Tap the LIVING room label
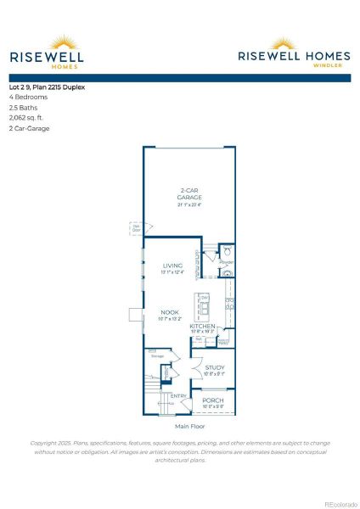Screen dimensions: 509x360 click(x=172, y=266)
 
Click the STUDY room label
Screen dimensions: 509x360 click(x=213, y=367)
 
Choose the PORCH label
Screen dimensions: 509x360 click(x=213, y=400)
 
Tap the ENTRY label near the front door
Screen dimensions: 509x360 click(x=179, y=396)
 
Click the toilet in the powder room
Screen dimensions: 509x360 click(x=226, y=252)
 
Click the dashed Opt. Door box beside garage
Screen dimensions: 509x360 click(x=136, y=227)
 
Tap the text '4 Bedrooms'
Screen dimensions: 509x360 click(x=29, y=97)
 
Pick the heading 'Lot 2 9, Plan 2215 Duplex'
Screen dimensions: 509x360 click(x=48, y=87)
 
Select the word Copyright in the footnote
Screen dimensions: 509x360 click(x=48, y=443)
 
